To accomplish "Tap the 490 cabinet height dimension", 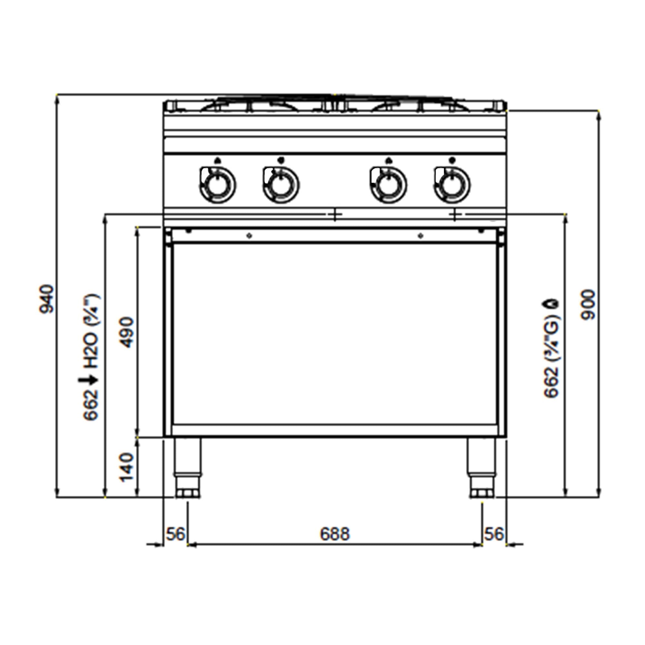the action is coord(127,333).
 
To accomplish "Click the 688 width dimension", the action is coord(335,534).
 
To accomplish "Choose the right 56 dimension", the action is coord(494,534).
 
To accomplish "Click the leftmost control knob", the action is coord(217,184).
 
